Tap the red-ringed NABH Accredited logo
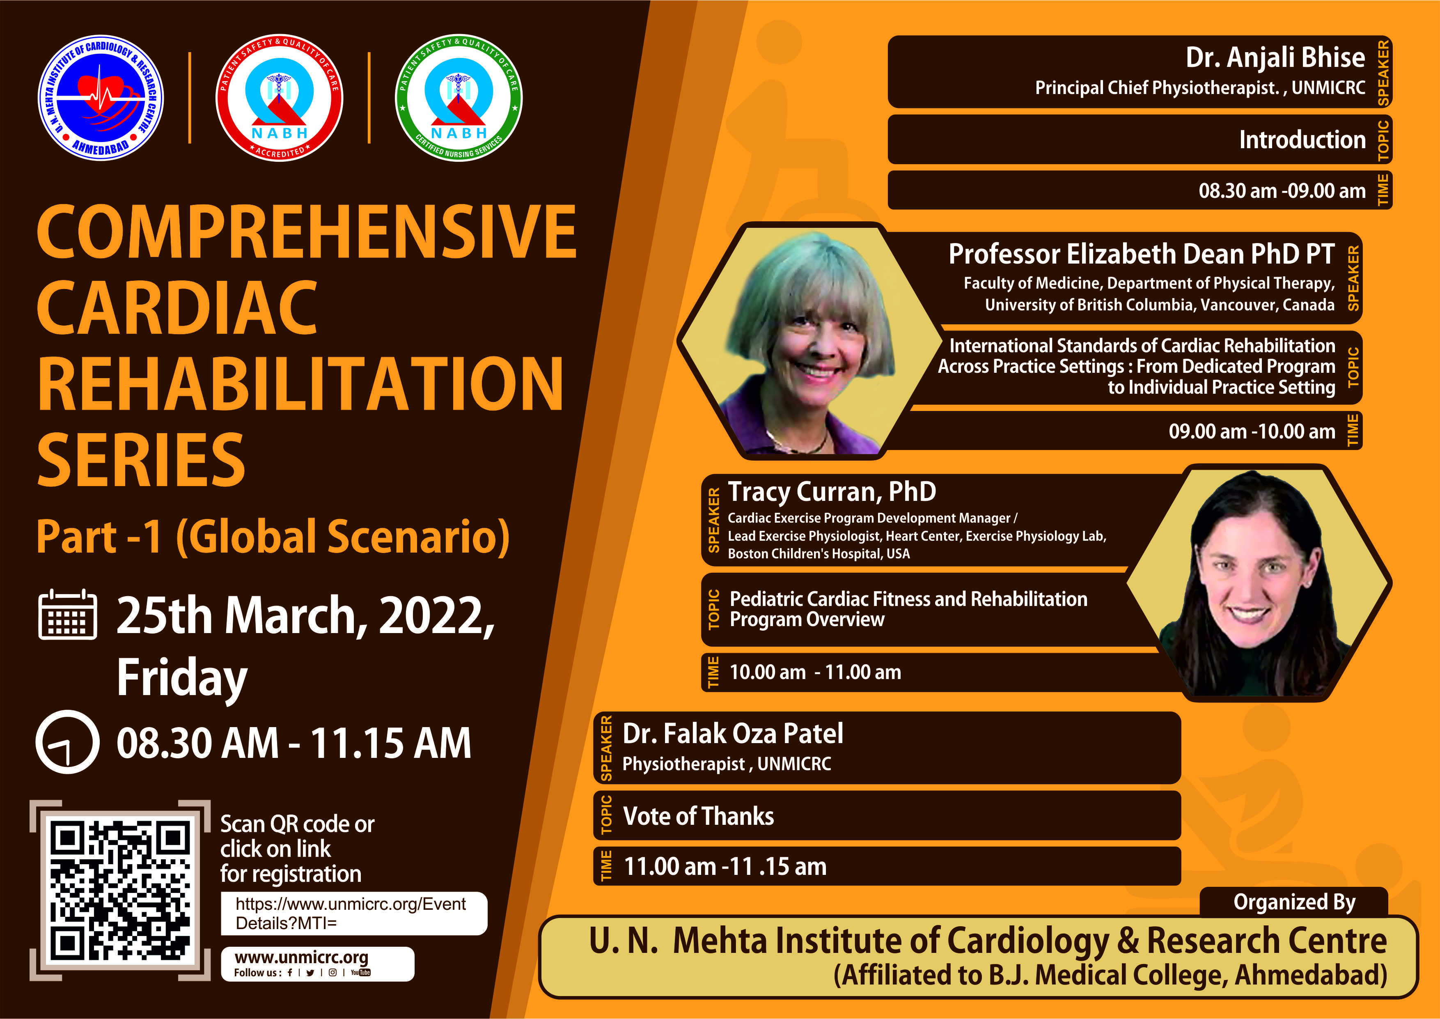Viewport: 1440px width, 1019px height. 279,98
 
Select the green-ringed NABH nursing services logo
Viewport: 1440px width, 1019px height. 459,98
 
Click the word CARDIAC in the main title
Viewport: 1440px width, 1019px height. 177,308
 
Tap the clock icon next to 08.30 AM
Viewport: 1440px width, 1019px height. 67,741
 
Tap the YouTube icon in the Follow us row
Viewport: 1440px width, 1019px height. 361,973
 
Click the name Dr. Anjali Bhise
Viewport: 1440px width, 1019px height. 1275,57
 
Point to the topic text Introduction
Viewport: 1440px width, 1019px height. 1302,139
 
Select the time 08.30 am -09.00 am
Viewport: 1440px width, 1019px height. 1282,190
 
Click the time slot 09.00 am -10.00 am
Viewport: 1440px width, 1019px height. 1252,431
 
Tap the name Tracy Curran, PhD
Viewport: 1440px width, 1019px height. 832,492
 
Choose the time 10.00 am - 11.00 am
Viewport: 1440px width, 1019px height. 815,672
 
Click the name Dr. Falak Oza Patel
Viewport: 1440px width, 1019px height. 733,734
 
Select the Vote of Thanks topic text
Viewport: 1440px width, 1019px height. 698,816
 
